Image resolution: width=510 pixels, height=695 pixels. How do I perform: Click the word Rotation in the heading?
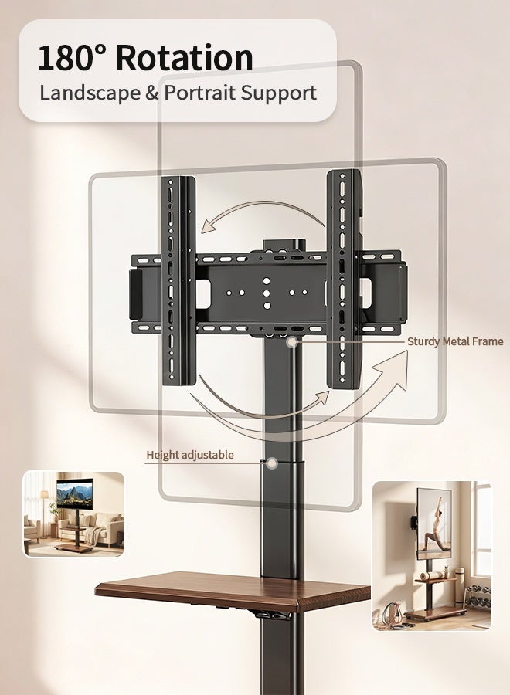pos(184,58)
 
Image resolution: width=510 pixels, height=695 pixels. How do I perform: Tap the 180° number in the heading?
pos(72,58)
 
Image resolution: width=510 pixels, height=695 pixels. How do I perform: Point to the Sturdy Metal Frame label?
pos(455,341)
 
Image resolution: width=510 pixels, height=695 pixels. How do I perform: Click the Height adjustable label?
pos(190,455)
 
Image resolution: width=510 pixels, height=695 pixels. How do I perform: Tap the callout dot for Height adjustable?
pos(273,463)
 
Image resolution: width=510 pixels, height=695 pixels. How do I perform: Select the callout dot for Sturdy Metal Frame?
pos(291,342)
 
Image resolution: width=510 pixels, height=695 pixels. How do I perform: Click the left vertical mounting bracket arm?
pos(178,280)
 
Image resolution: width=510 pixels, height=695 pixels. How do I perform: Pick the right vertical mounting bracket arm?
pos(343,280)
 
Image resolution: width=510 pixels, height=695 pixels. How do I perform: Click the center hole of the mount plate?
pos(267,293)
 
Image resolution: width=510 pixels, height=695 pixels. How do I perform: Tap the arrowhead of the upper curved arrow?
pos(209,226)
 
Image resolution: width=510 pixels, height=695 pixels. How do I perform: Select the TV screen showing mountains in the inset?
pos(74,492)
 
